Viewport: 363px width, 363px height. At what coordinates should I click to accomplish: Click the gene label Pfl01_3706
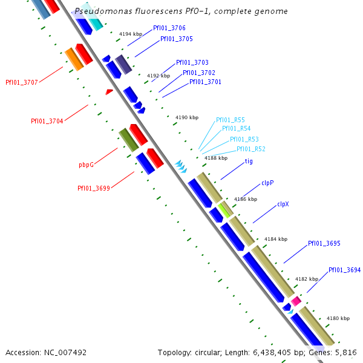click(x=169, y=28)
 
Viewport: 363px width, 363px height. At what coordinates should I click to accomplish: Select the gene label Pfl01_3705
click(x=177, y=39)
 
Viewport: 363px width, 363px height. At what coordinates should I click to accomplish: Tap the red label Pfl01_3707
click(x=22, y=82)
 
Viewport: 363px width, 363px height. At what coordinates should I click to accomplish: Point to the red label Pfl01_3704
click(x=47, y=121)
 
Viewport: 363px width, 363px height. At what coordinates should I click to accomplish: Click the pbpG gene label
click(x=87, y=165)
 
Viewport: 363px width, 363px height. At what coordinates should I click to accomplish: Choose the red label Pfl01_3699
click(x=93, y=188)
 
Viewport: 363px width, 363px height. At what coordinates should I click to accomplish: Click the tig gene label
click(x=249, y=162)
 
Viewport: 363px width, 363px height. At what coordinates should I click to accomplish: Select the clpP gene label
click(x=268, y=183)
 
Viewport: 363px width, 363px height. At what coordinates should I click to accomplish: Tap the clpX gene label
click(x=283, y=204)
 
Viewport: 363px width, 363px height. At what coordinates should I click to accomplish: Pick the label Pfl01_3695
click(x=324, y=243)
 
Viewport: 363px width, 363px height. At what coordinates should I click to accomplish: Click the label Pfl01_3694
click(x=345, y=270)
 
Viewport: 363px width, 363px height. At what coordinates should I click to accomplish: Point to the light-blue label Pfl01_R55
click(x=231, y=120)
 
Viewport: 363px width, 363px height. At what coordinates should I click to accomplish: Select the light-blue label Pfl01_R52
click(x=250, y=149)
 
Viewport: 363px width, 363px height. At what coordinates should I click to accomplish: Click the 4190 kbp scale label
click(x=187, y=117)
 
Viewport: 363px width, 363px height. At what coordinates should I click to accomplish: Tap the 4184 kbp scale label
click(x=275, y=239)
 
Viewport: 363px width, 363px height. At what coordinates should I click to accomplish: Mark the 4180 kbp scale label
click(x=338, y=318)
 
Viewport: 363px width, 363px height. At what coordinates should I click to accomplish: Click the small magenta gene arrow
click(x=296, y=301)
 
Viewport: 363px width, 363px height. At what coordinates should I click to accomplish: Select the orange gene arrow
click(x=73, y=58)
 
